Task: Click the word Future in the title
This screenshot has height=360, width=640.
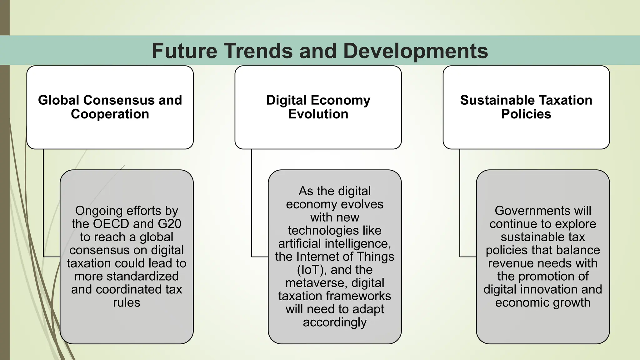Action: click(x=184, y=51)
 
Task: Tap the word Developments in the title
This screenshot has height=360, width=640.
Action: click(x=416, y=51)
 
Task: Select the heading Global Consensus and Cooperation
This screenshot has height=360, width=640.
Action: click(x=110, y=107)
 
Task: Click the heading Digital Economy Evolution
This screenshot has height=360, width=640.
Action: click(x=318, y=107)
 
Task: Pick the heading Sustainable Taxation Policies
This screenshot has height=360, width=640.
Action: click(x=526, y=107)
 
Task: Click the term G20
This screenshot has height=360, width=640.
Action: click(x=169, y=224)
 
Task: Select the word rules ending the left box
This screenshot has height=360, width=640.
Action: click(x=127, y=303)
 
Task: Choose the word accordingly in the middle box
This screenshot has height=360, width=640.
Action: click(x=335, y=322)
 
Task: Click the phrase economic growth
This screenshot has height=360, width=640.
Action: click(x=543, y=303)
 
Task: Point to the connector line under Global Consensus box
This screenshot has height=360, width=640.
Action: click(x=43, y=203)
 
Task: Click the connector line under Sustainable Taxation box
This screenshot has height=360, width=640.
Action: click(x=460, y=203)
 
